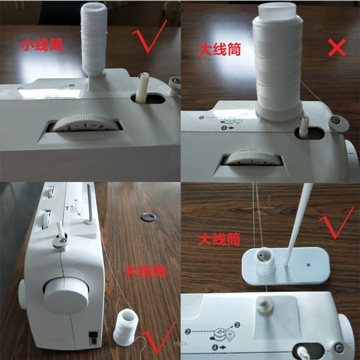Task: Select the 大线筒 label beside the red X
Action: pos(218,49)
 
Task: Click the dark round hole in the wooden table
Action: pos(149,216)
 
